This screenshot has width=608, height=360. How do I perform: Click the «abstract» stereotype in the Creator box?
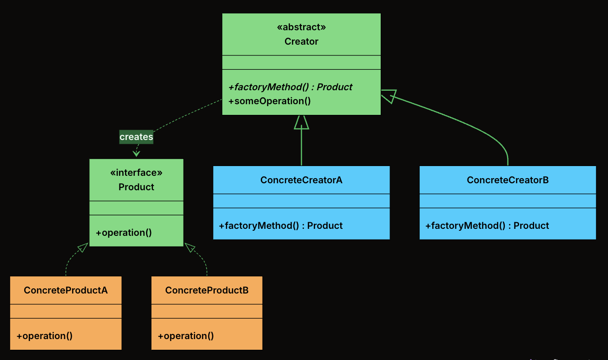click(x=301, y=27)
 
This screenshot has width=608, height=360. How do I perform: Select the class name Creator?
click(x=301, y=41)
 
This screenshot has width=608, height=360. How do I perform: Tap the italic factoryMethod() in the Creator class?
click(x=290, y=87)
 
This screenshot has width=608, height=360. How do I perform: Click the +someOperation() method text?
click(x=269, y=101)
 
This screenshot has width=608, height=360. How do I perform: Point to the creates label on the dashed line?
click(x=136, y=137)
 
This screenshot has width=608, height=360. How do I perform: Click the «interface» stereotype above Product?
click(x=136, y=173)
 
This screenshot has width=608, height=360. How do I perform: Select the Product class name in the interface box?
click(x=136, y=187)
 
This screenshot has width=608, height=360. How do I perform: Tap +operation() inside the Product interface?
click(x=124, y=233)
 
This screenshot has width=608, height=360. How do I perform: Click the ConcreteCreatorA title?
click(x=301, y=180)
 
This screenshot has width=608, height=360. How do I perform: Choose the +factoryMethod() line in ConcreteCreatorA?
click(x=280, y=226)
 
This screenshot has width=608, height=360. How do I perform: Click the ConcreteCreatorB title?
click(x=508, y=180)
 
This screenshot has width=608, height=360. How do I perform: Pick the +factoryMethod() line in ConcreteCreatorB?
click(x=487, y=226)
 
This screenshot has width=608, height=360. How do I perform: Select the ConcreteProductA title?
click(x=66, y=290)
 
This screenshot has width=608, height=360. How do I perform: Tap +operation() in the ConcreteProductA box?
click(x=45, y=336)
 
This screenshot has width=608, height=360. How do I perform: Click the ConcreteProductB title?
click(x=207, y=290)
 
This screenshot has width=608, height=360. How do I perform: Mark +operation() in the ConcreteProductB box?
click(x=186, y=336)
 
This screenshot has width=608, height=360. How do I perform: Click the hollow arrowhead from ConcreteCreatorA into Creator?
click(x=301, y=122)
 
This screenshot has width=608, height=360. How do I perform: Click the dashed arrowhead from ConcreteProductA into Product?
click(x=83, y=248)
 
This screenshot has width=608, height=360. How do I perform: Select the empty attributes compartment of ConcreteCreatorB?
click(x=508, y=201)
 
